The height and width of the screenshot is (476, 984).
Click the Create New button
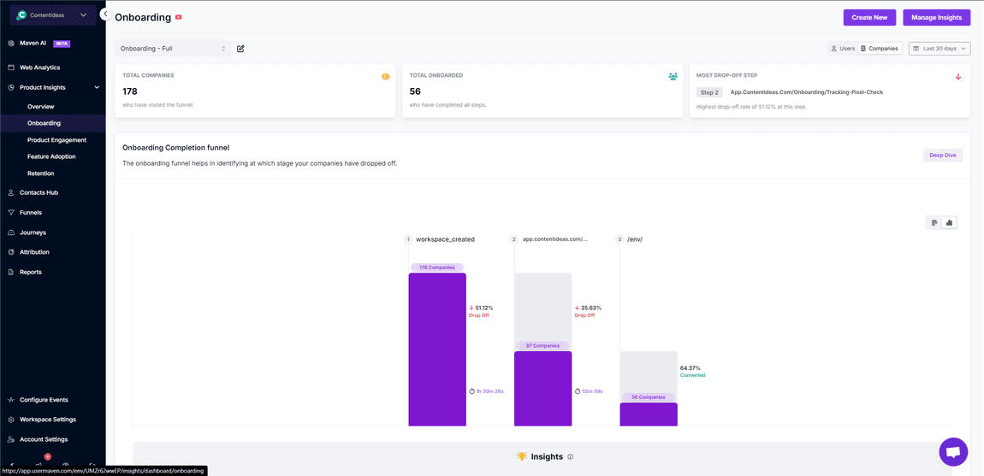(x=869, y=17)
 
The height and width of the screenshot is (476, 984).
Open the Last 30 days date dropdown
(x=940, y=49)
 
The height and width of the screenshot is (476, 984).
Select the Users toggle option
(x=843, y=49)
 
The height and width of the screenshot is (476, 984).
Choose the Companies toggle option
(x=880, y=49)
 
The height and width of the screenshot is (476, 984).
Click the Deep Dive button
(x=942, y=155)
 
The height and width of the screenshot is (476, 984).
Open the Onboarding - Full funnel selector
(x=173, y=49)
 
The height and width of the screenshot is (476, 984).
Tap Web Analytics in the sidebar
(x=39, y=68)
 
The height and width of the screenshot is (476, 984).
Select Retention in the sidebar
(x=40, y=173)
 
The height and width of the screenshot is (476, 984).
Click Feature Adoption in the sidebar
(x=51, y=156)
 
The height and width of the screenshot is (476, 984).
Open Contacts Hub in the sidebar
(x=39, y=193)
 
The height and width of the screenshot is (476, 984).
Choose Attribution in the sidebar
(x=34, y=252)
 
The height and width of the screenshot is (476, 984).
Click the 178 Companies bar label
(x=436, y=267)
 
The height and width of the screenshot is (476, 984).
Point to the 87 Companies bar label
(x=542, y=346)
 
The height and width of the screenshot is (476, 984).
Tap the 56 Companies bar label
(x=649, y=397)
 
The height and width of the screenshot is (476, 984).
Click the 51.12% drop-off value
(x=483, y=308)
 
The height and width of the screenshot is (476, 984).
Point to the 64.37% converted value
(x=690, y=368)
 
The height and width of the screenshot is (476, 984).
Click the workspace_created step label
(x=445, y=239)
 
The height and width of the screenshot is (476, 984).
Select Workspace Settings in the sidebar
(x=48, y=420)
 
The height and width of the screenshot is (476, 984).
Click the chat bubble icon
(x=952, y=451)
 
